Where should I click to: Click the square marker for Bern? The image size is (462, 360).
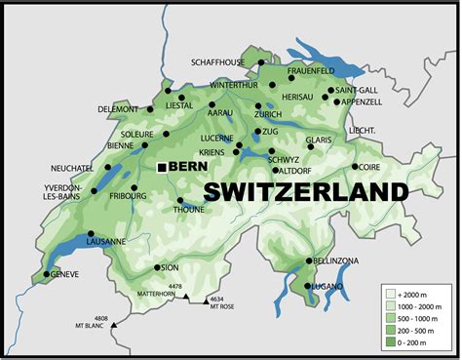point(162,168)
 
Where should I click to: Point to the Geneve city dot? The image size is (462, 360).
point(46,274)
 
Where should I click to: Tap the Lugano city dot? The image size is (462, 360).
point(307,286)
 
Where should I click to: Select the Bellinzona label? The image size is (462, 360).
point(339,261)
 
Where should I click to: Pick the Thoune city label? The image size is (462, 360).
point(189,209)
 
